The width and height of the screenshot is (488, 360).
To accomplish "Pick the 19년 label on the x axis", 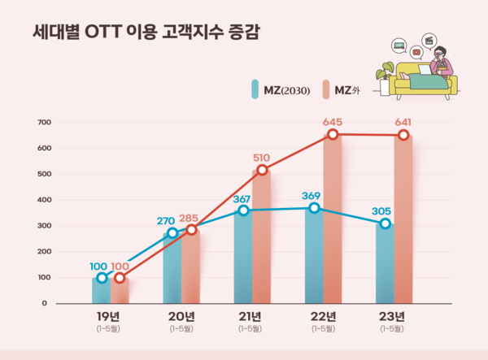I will point(108,316).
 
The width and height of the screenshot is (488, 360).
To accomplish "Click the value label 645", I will point(333,122).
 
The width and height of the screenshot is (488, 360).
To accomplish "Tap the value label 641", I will point(404,122).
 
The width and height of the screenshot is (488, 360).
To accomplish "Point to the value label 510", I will point(263,158).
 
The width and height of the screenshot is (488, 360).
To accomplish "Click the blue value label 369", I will point(311,196).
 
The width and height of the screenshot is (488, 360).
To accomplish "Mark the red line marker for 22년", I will point(333,134).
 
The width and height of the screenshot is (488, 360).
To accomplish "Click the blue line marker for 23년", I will point(385,223).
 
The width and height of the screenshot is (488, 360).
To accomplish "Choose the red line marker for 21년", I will point(262,170).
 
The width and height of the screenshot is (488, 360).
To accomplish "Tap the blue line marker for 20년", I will point(172,233).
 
